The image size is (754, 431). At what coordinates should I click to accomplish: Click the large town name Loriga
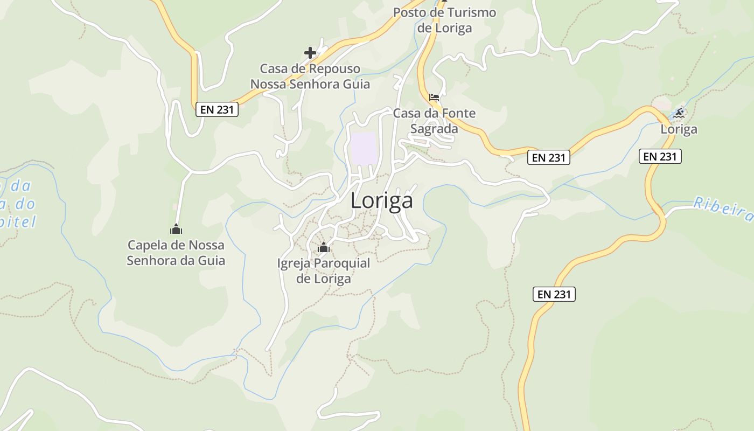(381, 200)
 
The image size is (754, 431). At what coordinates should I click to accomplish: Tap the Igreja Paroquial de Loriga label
(324, 271)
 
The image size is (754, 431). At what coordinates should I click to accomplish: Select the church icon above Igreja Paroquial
(324, 248)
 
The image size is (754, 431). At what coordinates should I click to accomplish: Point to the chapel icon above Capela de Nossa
(176, 230)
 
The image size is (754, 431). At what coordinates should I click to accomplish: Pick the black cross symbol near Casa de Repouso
(310, 53)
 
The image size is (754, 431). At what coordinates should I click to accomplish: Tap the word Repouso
(334, 69)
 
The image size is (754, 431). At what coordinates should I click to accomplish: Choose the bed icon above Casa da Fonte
(434, 98)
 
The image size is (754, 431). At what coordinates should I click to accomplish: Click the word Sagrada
(434, 129)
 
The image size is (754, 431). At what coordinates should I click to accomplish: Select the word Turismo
(466, 12)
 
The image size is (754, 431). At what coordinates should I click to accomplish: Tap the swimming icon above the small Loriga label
(679, 113)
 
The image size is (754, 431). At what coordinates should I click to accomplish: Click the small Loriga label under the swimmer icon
(679, 129)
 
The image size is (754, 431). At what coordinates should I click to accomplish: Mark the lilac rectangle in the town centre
(363, 149)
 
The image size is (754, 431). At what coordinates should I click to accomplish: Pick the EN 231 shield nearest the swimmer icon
(661, 156)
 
